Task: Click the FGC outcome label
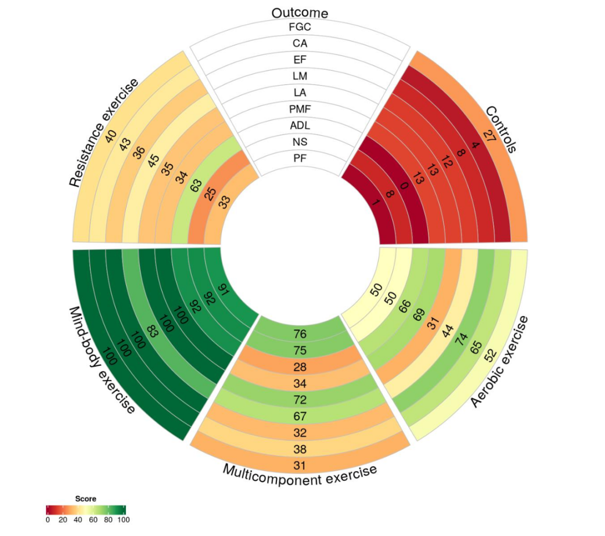(300, 27)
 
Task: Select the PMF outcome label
(300, 109)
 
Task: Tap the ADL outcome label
(300, 125)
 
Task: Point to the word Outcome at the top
(300, 12)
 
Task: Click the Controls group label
(500, 129)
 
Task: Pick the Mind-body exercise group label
(102, 361)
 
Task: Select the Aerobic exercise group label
(500, 362)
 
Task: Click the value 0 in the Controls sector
(404, 186)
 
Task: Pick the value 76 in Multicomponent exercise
(300, 334)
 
